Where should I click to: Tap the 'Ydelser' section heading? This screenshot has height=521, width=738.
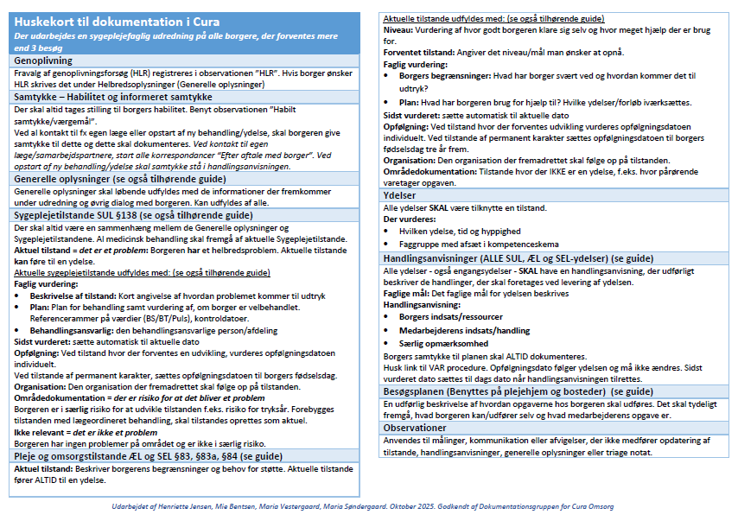(401, 194)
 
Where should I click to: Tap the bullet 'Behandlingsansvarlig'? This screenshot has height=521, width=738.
(80, 330)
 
